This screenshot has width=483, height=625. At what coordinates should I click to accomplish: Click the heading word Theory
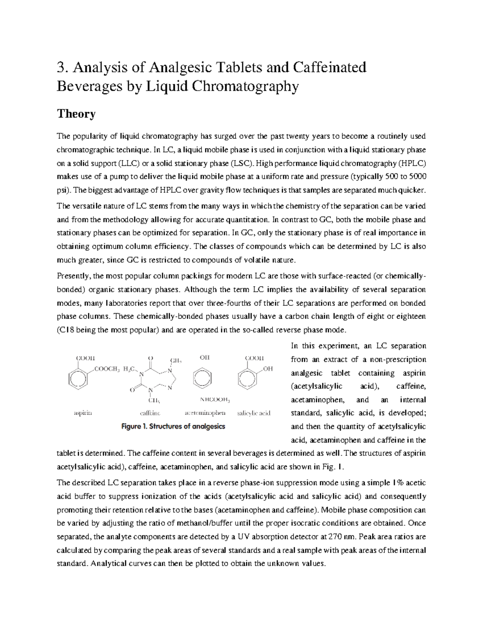coord(76,114)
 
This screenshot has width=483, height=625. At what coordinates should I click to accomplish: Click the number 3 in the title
coord(61,67)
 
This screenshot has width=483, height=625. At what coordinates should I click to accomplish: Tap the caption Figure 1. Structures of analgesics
coord(173,426)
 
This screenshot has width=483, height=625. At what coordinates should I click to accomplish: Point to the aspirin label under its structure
coord(83,413)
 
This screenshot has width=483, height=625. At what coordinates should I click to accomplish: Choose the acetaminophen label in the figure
coord(205,413)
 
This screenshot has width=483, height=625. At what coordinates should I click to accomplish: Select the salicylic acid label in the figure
coord(254,413)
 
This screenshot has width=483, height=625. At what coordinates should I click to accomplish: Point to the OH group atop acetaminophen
coord(205,357)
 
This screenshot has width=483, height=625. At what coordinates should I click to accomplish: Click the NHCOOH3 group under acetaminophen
coord(215,400)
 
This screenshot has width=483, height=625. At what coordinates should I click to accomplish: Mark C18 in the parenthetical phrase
coord(66,330)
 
